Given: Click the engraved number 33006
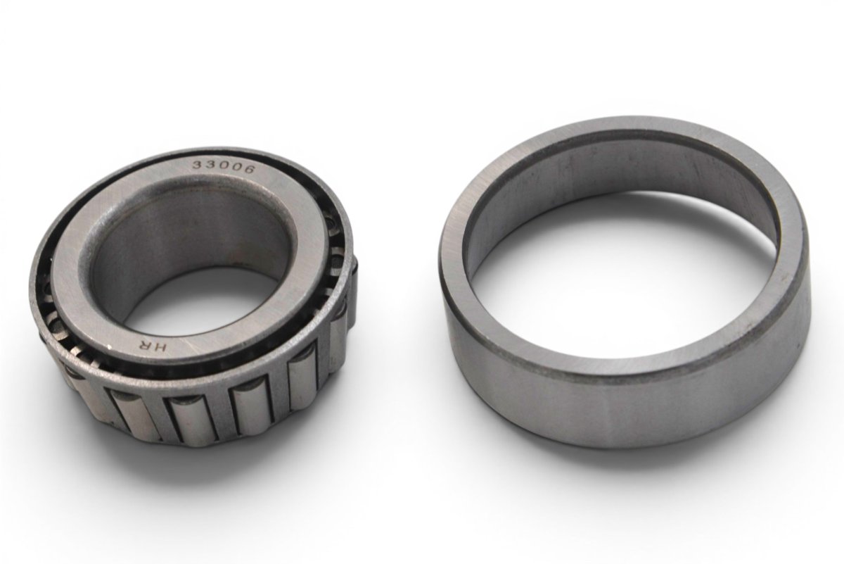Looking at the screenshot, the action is [x=224, y=167].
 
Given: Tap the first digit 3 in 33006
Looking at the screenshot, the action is [x=198, y=165].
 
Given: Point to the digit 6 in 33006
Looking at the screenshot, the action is [x=249, y=170].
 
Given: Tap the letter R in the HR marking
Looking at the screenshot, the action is [x=144, y=344].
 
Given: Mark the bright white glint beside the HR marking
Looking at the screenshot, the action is [x=110, y=346].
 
